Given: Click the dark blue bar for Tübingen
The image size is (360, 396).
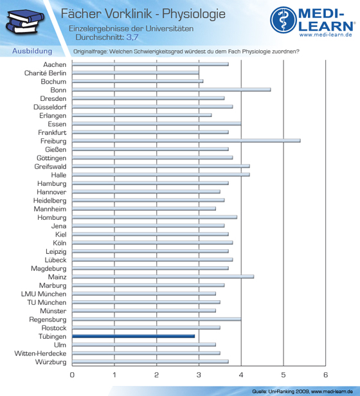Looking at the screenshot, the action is click(x=133, y=336).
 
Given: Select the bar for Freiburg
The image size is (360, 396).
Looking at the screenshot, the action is click(x=186, y=141).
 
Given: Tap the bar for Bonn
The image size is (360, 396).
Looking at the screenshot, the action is click(x=171, y=89).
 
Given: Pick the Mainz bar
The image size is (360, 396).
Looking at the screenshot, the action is click(x=163, y=276).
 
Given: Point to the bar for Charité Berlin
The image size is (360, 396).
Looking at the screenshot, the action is click(x=136, y=73).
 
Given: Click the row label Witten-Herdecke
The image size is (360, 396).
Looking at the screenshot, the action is click(x=40, y=354).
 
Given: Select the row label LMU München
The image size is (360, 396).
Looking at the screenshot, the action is click(x=44, y=294).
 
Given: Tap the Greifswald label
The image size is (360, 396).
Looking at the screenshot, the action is click(x=50, y=166).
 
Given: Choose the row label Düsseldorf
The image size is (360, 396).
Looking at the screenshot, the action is click(x=50, y=107).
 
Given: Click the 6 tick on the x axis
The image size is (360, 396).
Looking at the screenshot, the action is click(x=325, y=375).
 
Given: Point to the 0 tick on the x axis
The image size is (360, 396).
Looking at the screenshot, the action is click(x=72, y=375).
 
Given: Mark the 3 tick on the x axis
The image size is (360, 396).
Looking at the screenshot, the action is click(x=199, y=375).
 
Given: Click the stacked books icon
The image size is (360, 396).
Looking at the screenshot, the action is click(x=25, y=22).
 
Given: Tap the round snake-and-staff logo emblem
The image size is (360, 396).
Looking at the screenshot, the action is click(x=283, y=20).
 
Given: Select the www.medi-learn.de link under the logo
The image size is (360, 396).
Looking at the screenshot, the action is click(x=326, y=35).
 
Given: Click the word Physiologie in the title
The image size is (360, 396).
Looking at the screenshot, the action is click(x=194, y=14).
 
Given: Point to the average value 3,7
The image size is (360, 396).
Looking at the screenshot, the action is click(x=132, y=37).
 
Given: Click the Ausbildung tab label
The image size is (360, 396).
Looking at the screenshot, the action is click(x=32, y=51).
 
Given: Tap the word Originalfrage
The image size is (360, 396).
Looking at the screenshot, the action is click(x=90, y=51).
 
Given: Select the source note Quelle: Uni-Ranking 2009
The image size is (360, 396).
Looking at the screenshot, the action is click(x=280, y=392).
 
